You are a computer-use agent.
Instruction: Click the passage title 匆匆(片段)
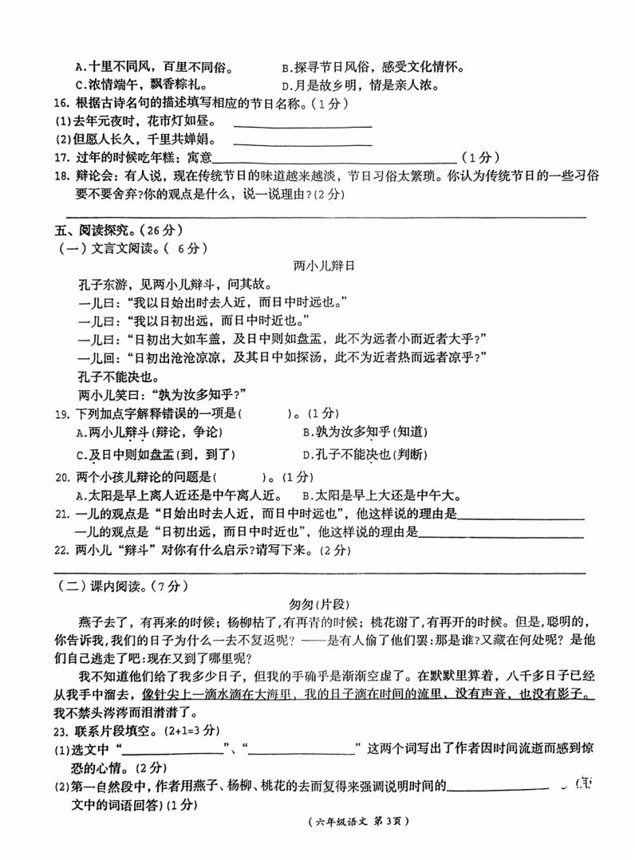tap(317, 604)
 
